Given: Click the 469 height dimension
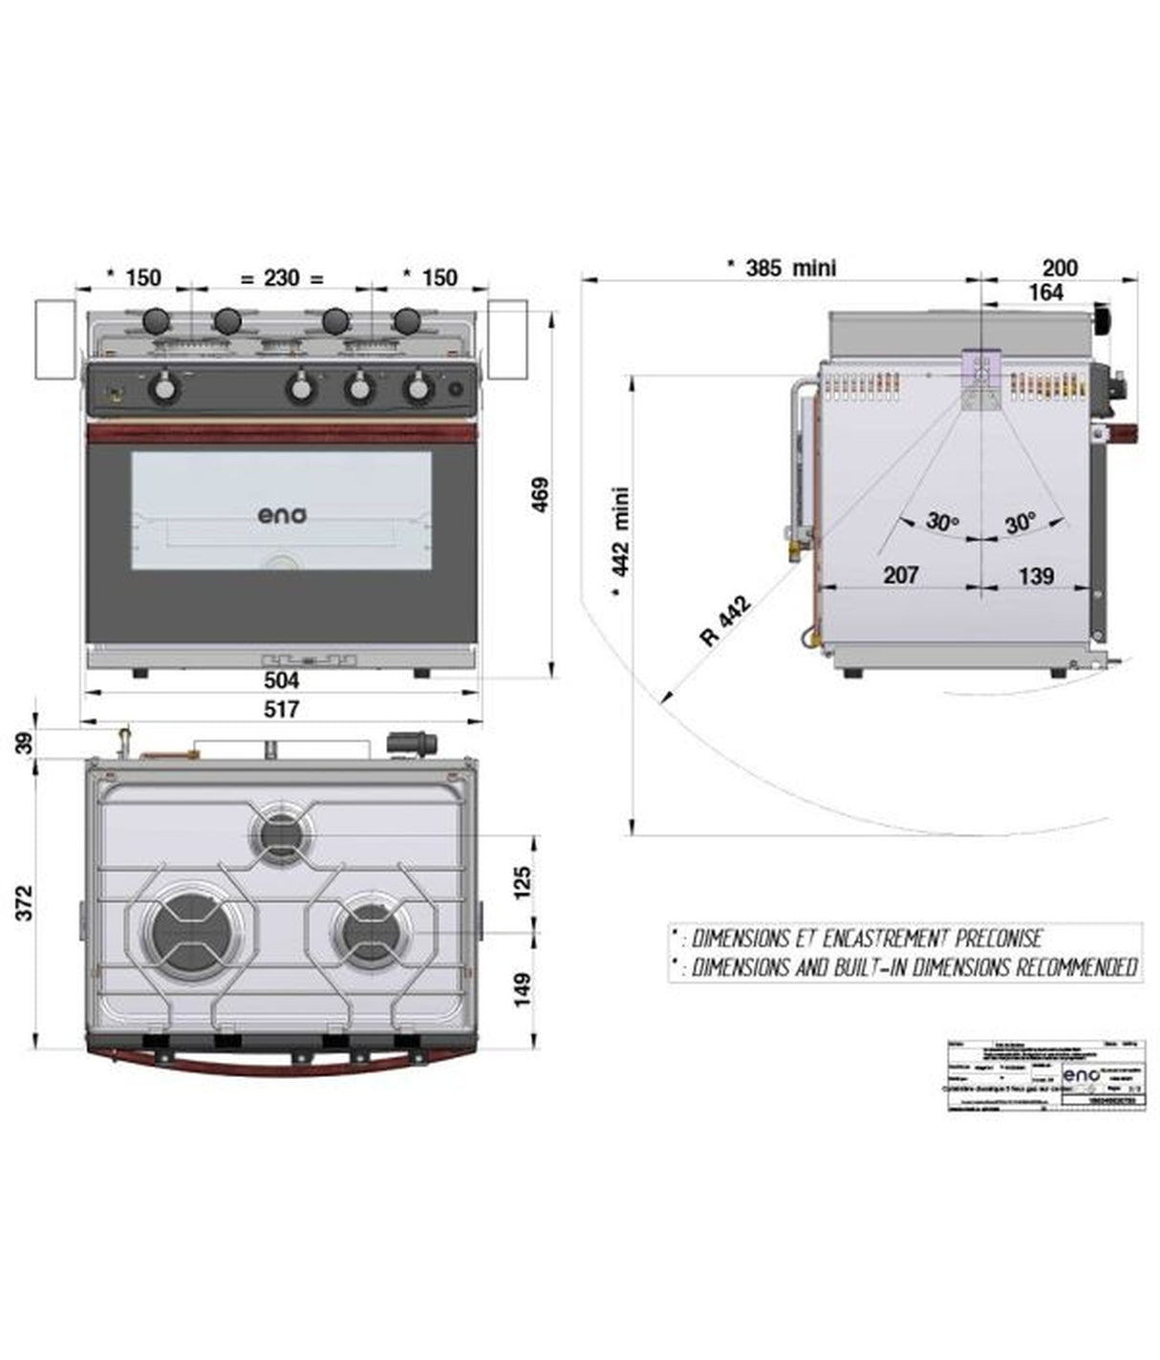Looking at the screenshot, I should click(x=540, y=494).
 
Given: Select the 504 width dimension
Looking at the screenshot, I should click(x=281, y=680).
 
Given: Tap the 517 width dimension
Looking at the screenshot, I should click(x=281, y=709).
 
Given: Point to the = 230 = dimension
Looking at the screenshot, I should click(x=282, y=278).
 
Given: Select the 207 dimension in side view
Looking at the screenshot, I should click(x=900, y=574).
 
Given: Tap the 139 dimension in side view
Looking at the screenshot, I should click(x=1036, y=575).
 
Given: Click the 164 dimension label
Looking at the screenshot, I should click(x=1046, y=292).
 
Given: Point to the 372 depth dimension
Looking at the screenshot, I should click(x=25, y=902).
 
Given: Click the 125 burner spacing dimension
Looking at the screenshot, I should click(x=522, y=882).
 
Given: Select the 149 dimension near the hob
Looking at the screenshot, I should click(x=522, y=988).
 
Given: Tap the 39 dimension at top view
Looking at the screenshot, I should click(x=25, y=743).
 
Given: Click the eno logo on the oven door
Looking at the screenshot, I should click(x=282, y=514).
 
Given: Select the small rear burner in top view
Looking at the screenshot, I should click(x=280, y=836).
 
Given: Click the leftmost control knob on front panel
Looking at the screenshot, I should click(x=165, y=388).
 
